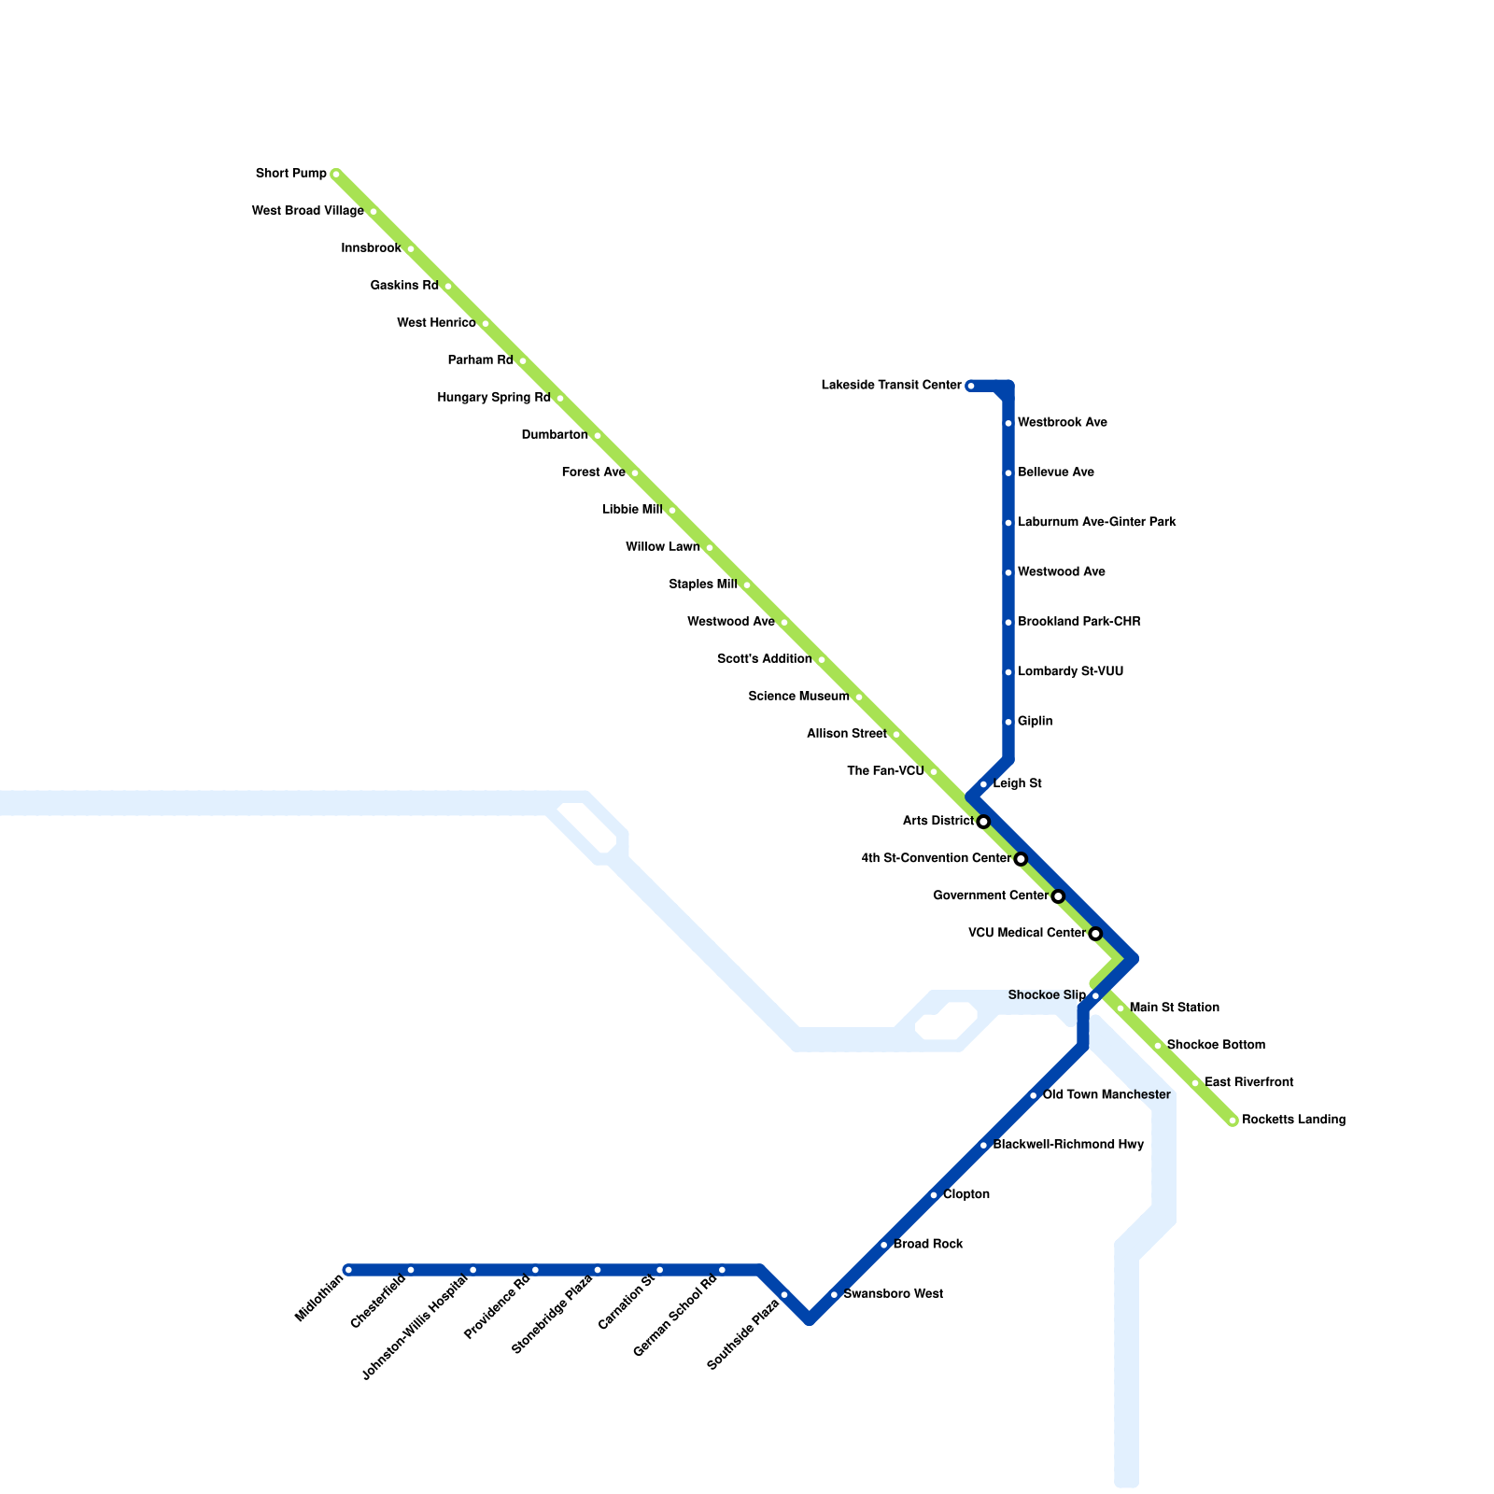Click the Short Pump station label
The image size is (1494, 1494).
click(x=291, y=174)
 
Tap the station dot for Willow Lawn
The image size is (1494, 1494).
click(x=710, y=548)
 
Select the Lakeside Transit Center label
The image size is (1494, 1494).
click(x=891, y=386)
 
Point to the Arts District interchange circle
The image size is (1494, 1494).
click(x=983, y=822)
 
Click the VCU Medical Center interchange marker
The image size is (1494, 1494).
click(x=1095, y=934)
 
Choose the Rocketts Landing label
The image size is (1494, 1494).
click(x=1293, y=1120)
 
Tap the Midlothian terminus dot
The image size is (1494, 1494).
click(x=348, y=1270)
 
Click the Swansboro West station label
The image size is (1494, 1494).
click(x=893, y=1294)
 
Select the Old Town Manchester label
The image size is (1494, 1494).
click(x=1106, y=1095)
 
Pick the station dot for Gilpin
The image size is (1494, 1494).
click(x=1008, y=722)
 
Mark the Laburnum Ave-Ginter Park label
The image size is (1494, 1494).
click(x=1096, y=523)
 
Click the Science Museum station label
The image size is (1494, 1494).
click(x=798, y=697)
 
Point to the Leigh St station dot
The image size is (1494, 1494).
click(x=983, y=784)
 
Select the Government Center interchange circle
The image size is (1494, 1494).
click(x=1058, y=896)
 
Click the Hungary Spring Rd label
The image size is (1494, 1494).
click(x=494, y=399)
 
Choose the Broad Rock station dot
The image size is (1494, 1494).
click(x=883, y=1245)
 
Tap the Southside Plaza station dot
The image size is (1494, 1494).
click(x=784, y=1294)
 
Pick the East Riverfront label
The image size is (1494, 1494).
click(x=1248, y=1083)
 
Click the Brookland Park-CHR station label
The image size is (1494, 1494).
click(x=1078, y=622)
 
